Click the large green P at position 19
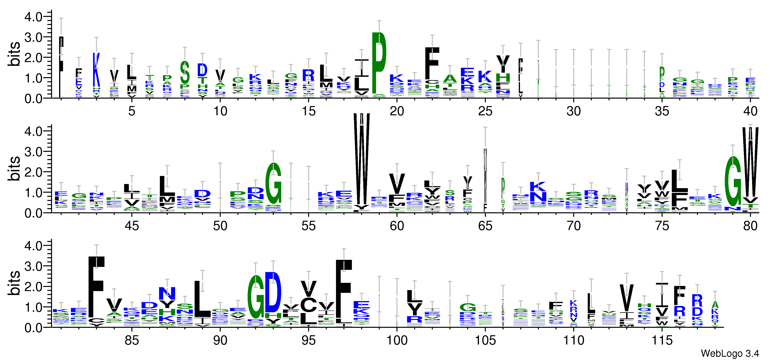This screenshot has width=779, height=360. (x=379, y=63)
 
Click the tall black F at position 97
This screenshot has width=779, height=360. (x=344, y=291)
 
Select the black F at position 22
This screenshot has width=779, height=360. (x=432, y=63)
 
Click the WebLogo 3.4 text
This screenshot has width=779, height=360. (x=730, y=353)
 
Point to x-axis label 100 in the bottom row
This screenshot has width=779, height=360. (x=397, y=341)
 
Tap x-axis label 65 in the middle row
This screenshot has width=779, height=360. (x=485, y=226)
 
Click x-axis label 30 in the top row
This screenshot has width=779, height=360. (x=573, y=111)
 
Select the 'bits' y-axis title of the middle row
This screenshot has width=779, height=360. (x=14, y=169)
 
